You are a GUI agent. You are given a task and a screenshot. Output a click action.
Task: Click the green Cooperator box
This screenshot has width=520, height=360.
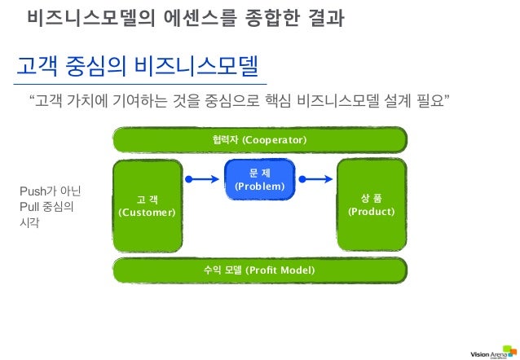coord(259,140)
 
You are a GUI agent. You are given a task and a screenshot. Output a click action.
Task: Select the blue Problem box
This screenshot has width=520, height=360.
coord(260,179)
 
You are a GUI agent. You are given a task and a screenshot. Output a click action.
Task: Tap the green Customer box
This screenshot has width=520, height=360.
coord(147,205)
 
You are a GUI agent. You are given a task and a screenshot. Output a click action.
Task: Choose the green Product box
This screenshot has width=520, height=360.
coord(372,204)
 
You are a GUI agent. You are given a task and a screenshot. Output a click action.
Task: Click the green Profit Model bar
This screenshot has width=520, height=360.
coord(259,269)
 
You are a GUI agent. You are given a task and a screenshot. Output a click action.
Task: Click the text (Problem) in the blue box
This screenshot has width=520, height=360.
coord(260,187)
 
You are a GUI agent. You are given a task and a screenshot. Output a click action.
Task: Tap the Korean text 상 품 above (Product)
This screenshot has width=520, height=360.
coord(372,197)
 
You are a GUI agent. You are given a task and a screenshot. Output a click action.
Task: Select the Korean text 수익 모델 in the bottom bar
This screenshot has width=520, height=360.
coord(223,269)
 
